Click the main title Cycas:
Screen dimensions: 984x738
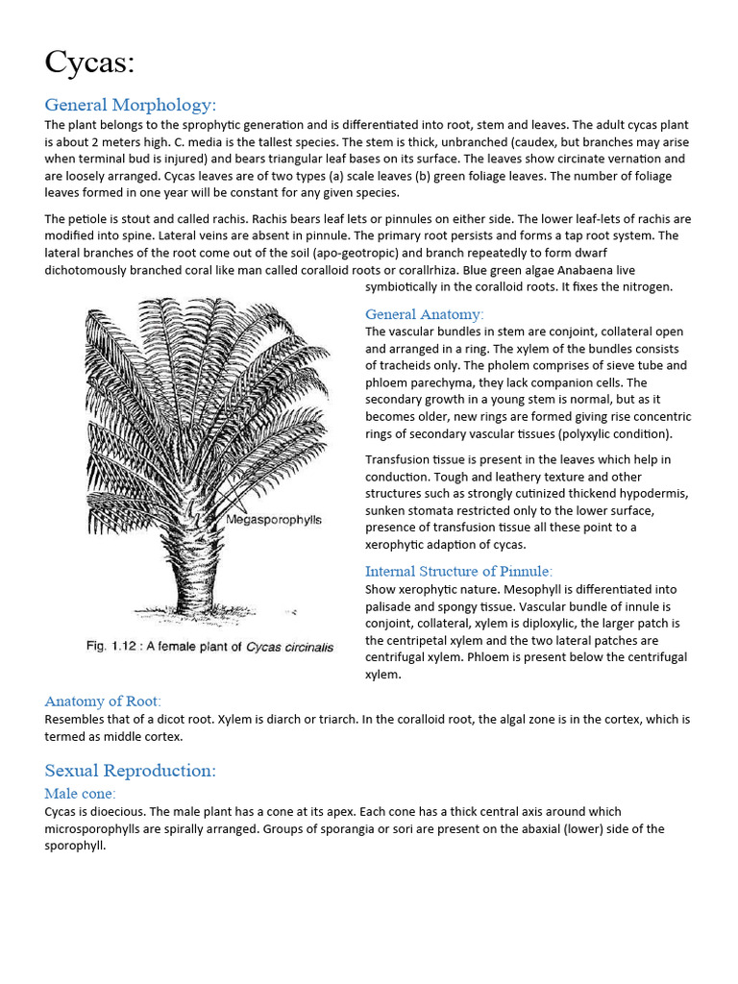[x=89, y=62]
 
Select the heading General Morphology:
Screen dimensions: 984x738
[x=131, y=105]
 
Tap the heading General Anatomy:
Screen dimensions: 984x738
[x=425, y=314]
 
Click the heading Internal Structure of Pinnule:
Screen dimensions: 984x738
[x=458, y=571]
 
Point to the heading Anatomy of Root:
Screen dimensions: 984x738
[x=103, y=701]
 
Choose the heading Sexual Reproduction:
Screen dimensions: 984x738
[x=131, y=771]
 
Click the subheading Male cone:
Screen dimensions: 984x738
[x=80, y=794]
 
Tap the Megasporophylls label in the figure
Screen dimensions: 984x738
[x=274, y=520]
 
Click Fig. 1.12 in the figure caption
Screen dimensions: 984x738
[x=112, y=647]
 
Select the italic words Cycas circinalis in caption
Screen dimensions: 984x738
[x=289, y=647]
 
